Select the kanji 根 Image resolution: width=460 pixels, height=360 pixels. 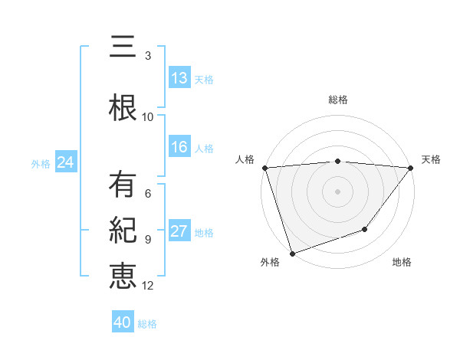coord(123,108)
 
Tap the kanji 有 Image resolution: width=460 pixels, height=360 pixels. coord(123,185)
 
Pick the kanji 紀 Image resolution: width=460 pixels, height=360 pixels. coord(123,231)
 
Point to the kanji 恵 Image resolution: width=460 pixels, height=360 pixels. coord(123,275)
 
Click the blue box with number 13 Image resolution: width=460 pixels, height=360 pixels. coord(179,78)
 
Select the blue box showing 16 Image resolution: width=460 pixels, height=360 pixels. coord(179,148)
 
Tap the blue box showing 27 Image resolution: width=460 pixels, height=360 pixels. coord(179,231)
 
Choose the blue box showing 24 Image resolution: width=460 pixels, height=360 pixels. coord(65,162)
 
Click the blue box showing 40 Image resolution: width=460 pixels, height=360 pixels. coord(123,322)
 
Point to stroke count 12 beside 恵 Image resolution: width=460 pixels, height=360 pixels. coord(148,286)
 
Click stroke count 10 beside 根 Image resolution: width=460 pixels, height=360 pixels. coord(148,117)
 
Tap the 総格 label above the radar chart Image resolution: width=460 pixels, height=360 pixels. coord(338,100)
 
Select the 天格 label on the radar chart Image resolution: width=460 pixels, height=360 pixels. coord(431,159)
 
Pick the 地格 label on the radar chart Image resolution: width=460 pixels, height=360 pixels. coord(402,263)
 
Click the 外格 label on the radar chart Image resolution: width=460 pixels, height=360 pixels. coord(270,263)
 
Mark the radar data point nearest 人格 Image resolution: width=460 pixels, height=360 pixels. coord(264,168)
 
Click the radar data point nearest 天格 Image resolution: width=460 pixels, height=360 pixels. coord(411,168)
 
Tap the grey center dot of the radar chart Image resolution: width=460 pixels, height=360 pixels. coord(338,191)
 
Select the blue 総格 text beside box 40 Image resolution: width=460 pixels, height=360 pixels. coord(147,323)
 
